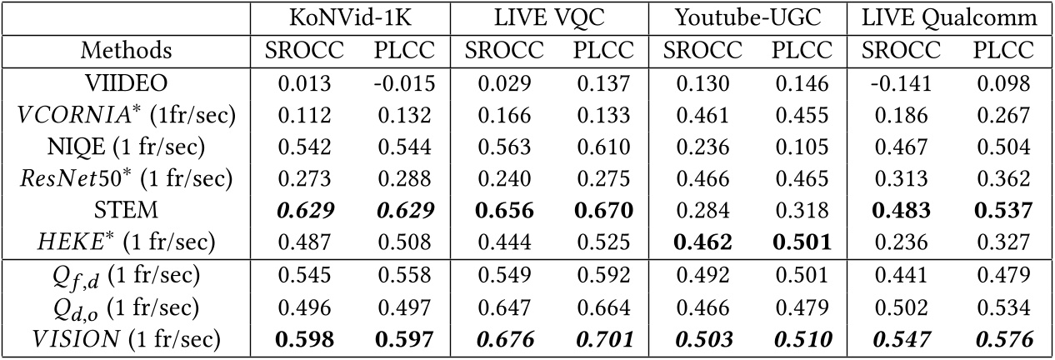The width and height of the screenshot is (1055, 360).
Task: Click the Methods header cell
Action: [x=126, y=50]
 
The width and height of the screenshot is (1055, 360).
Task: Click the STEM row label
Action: [x=126, y=210]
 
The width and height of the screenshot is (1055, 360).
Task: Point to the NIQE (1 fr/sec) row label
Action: [x=126, y=147]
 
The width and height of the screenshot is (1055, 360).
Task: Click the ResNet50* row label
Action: [x=126, y=178]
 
